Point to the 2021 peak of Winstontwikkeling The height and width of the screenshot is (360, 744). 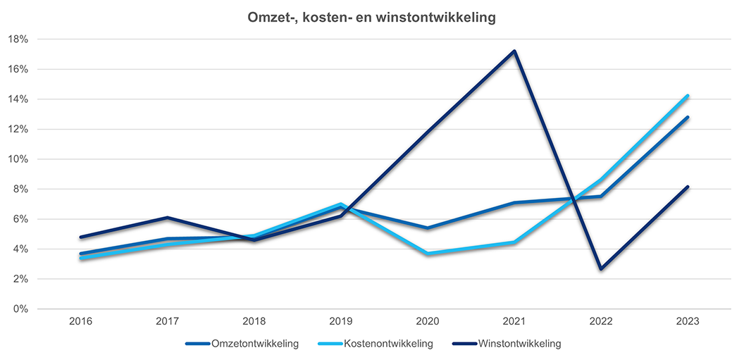515,51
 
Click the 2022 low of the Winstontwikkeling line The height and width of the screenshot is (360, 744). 601,269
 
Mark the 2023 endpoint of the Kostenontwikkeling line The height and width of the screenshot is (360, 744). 688,96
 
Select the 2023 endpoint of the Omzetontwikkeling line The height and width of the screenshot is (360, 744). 688,117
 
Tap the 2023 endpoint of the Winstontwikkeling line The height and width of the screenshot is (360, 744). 688,187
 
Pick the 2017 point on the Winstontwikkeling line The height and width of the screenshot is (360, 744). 167,218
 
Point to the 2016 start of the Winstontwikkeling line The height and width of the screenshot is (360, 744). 81,237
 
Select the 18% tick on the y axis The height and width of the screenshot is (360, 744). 19,39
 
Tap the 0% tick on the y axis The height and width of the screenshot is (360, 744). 21,309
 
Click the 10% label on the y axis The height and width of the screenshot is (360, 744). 19,159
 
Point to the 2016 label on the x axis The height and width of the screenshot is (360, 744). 81,322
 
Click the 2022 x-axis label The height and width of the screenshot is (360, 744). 601,322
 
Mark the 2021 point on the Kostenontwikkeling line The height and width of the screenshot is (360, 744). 515,242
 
